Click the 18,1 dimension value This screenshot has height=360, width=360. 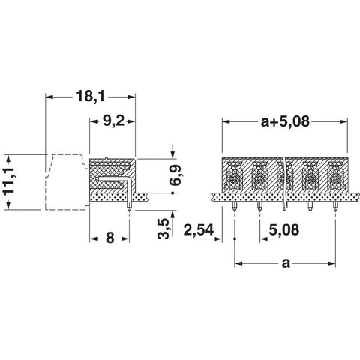90,97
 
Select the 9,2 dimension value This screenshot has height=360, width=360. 113,121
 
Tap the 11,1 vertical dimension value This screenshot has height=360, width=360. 9,182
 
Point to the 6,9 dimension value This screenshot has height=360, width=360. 175,175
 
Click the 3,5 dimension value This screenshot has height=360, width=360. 164,229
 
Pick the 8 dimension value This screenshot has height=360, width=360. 110,238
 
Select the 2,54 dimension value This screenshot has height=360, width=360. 199,230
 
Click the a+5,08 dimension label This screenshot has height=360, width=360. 285,121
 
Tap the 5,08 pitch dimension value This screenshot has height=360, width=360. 284,229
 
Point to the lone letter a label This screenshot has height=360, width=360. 286,263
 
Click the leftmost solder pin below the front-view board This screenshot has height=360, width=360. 235,207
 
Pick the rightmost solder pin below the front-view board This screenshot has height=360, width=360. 335,207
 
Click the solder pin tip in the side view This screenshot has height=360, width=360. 129,210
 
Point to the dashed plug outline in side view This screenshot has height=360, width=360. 67,182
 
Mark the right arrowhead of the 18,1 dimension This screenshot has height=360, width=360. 131,97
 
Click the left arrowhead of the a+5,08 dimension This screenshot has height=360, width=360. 226,122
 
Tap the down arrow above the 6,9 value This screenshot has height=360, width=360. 172,154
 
